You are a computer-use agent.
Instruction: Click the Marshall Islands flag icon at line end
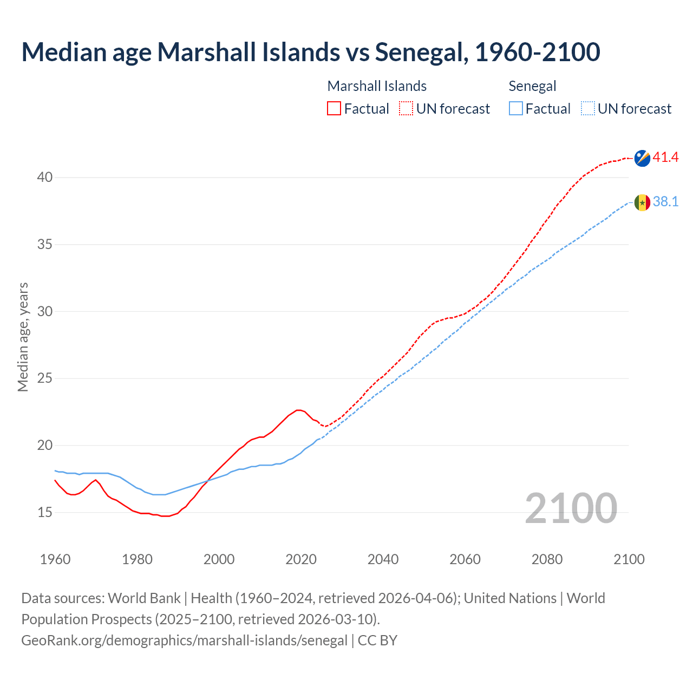tap(642, 158)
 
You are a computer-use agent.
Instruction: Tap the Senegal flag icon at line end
tap(642, 202)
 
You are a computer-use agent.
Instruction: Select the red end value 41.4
tap(665, 158)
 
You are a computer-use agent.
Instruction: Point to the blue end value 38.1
tap(665, 202)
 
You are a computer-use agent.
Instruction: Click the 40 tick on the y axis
tap(45, 178)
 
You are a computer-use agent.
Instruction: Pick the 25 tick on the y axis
tap(45, 378)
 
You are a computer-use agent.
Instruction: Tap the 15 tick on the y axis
tap(45, 512)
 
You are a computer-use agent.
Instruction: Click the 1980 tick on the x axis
tap(137, 559)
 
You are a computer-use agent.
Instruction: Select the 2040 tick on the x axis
tap(383, 559)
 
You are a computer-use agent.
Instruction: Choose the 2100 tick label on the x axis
tap(629, 559)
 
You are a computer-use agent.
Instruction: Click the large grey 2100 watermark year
tap(571, 508)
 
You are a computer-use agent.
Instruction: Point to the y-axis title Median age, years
tap(23, 337)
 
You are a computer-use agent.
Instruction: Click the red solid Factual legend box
tap(334, 109)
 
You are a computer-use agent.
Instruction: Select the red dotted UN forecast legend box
tap(406, 109)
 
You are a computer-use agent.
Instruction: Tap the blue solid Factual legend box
tap(516, 109)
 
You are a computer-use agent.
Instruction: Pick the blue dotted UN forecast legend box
tap(587, 109)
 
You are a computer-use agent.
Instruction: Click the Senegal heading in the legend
tap(532, 86)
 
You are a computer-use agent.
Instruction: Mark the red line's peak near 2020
tap(298, 410)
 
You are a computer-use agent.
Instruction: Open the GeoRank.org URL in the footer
tap(184, 640)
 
